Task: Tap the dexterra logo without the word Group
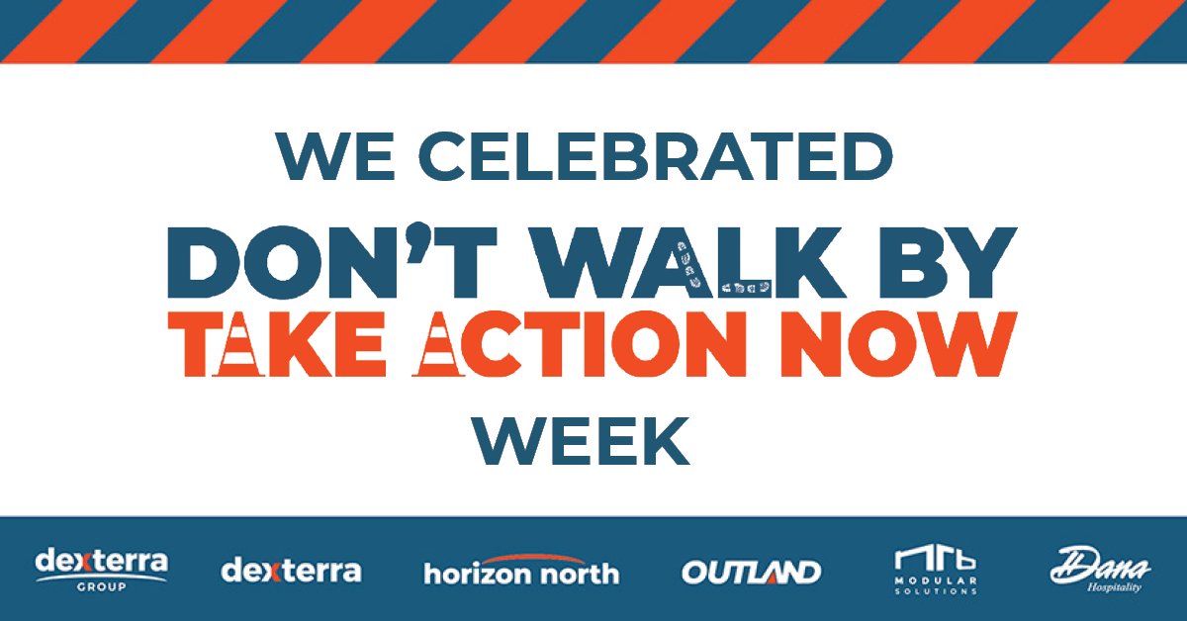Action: pos(291,571)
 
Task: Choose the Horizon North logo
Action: pos(521,571)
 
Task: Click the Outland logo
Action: pos(751,572)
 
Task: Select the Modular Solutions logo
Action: pos(935,571)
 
